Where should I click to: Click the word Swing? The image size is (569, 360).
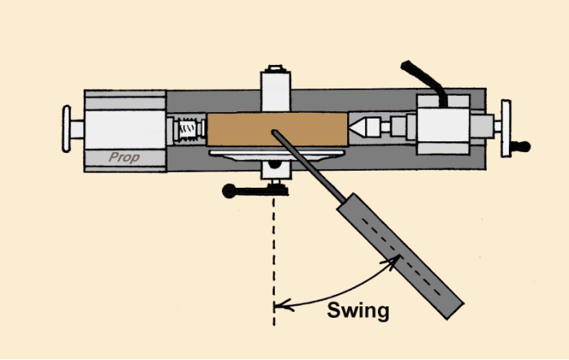click(x=358, y=310)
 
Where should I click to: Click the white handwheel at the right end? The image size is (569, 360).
click(x=506, y=127)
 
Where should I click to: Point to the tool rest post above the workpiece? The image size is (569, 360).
click(x=276, y=89)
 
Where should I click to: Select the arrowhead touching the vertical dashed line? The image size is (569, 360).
click(x=279, y=306)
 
